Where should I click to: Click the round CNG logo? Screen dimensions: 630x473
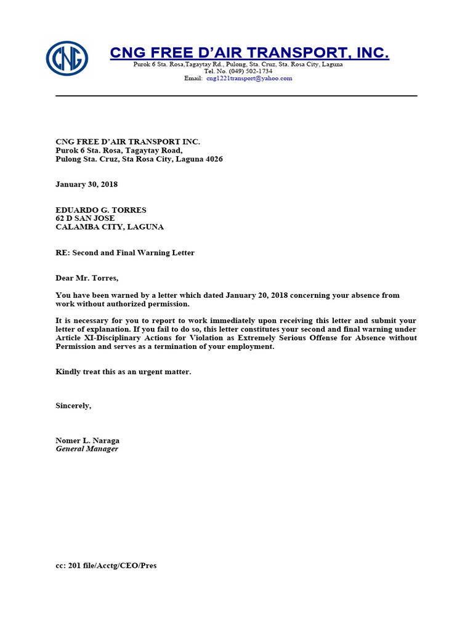[67, 58]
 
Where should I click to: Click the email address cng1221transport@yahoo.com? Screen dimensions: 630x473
[249, 79]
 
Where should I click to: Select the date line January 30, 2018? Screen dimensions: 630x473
[86, 184]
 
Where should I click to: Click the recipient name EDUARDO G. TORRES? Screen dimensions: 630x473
[101, 210]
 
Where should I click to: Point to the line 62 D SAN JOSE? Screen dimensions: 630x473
[85, 218]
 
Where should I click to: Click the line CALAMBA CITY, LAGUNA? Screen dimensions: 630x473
[110, 227]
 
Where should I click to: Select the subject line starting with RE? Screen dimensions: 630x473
[125, 253]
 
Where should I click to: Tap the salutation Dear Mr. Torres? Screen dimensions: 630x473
[87, 278]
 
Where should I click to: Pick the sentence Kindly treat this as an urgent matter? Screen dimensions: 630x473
[123, 372]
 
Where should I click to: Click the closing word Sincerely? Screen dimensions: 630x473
[73, 405]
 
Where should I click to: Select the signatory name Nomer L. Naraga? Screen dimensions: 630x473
[87, 441]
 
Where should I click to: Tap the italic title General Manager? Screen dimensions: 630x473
[87, 449]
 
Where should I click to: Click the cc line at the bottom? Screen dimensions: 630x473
[106, 565]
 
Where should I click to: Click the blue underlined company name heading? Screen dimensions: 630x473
[249, 54]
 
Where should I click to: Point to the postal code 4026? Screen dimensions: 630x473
[214, 159]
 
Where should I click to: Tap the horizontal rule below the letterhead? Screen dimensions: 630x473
[236, 96]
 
